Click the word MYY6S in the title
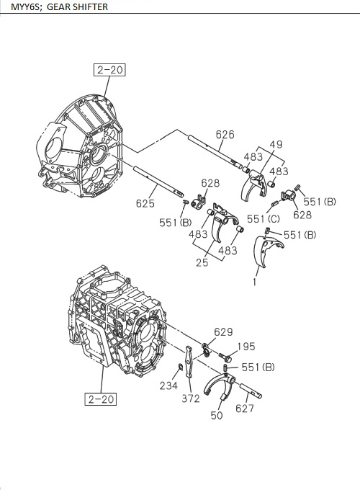pos(17,7)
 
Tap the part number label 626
pos(225,134)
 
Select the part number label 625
pos(145,203)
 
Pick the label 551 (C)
pos(263,218)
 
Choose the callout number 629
pos(223,331)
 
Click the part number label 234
pos(168,387)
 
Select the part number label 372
pos(191,398)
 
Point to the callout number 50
pos(217,416)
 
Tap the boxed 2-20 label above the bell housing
pos(109,70)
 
